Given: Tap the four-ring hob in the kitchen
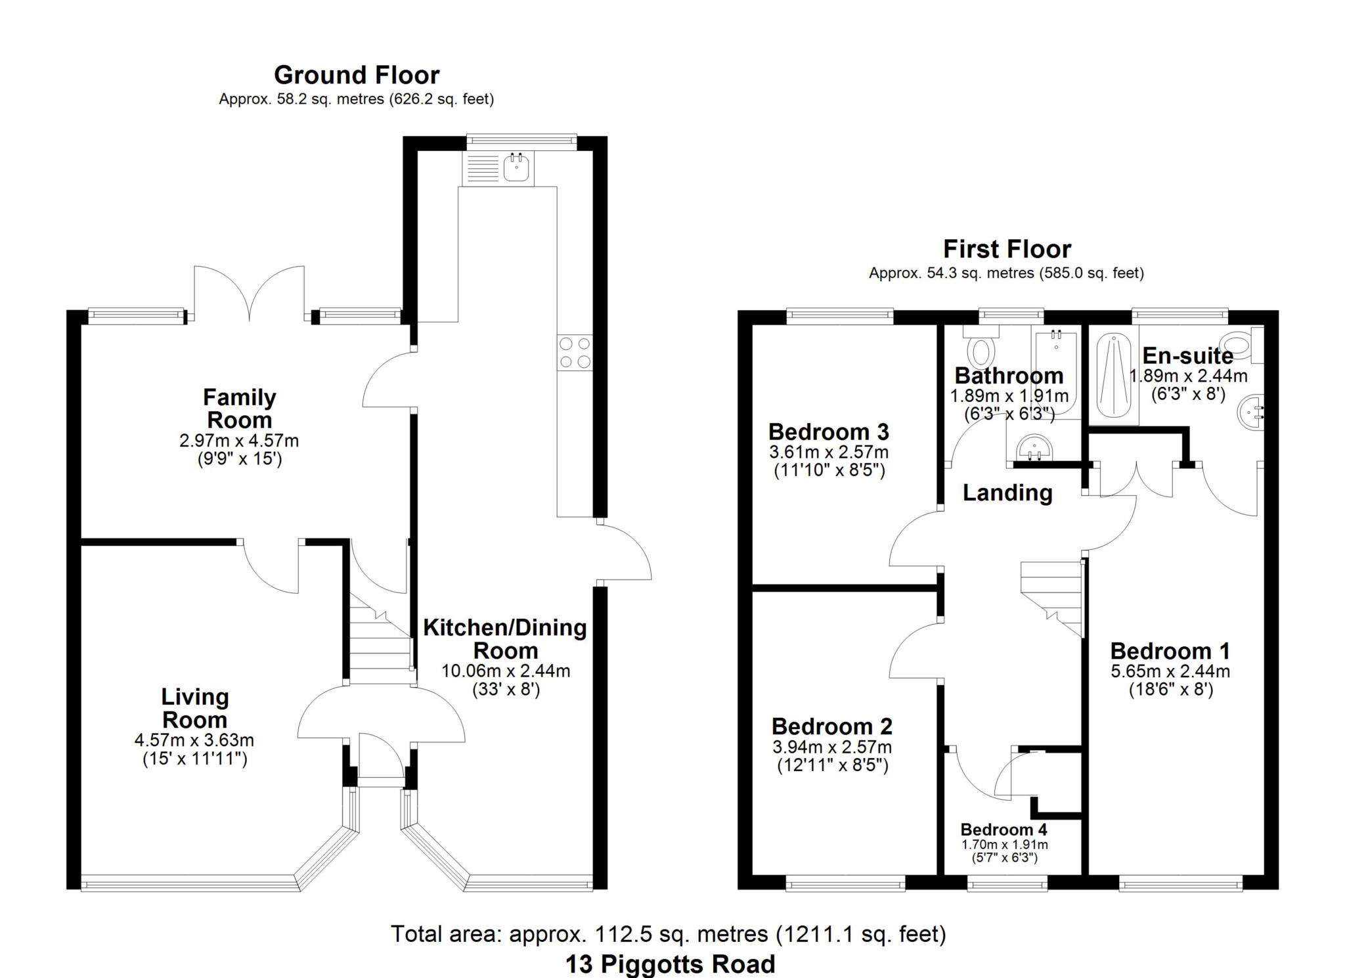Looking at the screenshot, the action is (x=575, y=353).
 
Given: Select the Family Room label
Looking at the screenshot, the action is (x=239, y=409).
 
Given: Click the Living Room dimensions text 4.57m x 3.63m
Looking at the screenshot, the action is (x=194, y=740).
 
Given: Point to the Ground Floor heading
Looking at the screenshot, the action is (x=357, y=75).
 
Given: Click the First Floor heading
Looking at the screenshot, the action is (x=1007, y=249).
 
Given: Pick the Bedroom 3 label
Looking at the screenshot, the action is (x=829, y=432).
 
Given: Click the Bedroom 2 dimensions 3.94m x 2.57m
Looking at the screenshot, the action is (x=832, y=747).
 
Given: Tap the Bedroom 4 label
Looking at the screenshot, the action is (x=1004, y=830).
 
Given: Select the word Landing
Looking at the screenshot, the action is (x=1007, y=493).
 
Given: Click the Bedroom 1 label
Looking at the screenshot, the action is (x=1170, y=651).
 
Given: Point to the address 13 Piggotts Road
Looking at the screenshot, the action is (x=671, y=964).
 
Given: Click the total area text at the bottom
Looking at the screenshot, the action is (x=669, y=933).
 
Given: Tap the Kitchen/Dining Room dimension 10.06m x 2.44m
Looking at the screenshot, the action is (x=506, y=671).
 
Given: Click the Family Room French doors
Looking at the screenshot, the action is (x=250, y=294).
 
